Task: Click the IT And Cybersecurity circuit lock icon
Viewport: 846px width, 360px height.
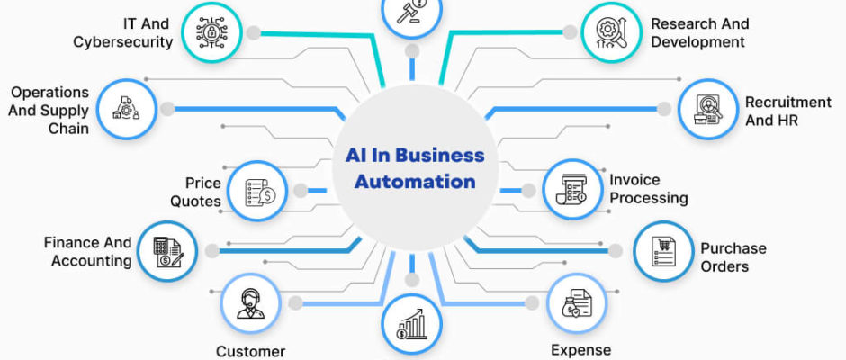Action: point(211,32)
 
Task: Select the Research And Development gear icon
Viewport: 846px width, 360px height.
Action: point(611,32)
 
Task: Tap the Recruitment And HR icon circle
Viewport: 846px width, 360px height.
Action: point(708,110)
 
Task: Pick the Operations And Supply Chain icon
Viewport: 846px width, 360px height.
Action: point(126,109)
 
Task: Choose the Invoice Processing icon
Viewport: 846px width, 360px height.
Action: point(571,189)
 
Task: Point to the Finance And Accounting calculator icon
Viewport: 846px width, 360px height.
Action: point(167,252)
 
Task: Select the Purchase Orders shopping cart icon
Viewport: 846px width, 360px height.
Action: point(663,251)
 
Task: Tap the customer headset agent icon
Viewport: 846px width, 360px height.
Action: point(250,303)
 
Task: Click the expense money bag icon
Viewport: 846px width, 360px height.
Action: point(576,302)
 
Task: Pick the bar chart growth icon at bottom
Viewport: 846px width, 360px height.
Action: point(411,324)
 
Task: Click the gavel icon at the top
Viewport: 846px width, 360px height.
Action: point(411,11)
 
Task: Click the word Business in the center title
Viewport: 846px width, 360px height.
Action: point(440,156)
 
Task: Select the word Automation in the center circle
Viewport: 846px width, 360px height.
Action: point(415,181)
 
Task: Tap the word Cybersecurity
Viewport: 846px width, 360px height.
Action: point(123,42)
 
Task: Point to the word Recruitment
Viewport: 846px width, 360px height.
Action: point(788,102)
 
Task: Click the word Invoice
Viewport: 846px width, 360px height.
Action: point(635,180)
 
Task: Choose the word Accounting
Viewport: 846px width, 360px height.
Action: point(92,261)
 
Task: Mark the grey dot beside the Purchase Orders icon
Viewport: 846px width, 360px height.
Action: point(616,250)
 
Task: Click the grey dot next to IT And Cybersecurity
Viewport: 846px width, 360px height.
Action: point(253,33)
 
